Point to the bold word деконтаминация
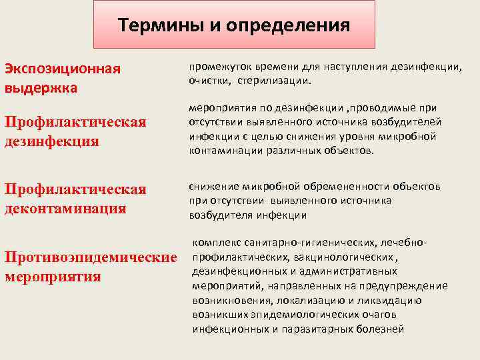coord(66,208)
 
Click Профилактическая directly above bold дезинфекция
coord(75,123)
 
